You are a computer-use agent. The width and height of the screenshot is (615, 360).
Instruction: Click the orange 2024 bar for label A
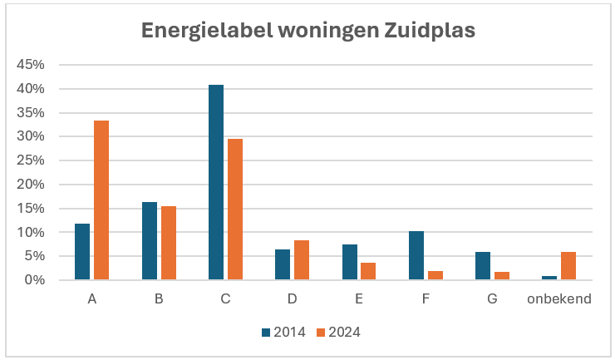pos(101,200)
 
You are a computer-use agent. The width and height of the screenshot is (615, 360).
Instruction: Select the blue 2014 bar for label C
pos(216,182)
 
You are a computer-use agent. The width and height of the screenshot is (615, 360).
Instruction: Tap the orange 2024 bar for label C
pos(235,210)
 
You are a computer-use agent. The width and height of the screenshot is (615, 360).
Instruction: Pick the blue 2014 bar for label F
pos(416,255)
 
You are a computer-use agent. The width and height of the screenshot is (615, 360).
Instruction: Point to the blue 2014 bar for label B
pos(150,241)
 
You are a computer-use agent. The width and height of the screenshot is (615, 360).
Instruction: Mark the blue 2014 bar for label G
pos(483,266)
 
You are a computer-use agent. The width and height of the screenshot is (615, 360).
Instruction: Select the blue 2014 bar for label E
pos(350,262)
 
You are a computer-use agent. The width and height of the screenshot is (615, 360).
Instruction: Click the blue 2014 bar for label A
pos(82,252)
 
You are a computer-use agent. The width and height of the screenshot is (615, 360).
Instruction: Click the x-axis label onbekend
pos(558,298)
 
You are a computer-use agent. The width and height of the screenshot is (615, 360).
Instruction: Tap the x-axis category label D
pos(293,298)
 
